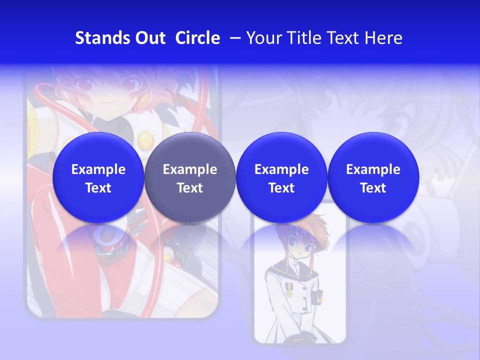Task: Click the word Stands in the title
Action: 98,38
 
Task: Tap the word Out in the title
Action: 149,38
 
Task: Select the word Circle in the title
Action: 197,38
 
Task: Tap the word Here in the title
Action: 384,38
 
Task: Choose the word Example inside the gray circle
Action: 189,169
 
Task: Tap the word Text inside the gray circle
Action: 189,188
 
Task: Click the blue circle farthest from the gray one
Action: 373,177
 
